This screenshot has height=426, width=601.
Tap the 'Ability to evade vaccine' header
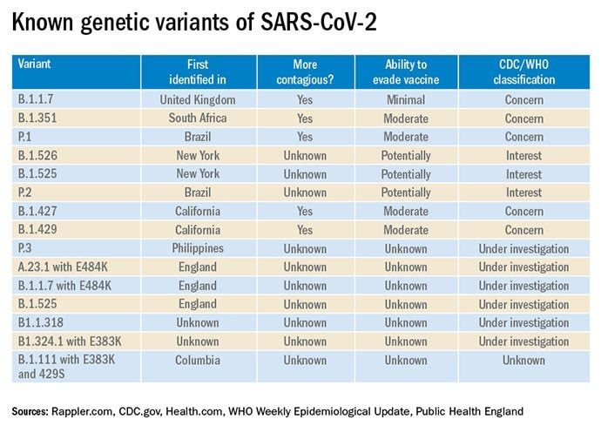point(406,72)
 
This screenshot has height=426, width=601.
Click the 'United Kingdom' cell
point(198,99)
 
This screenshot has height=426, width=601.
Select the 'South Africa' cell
point(198,118)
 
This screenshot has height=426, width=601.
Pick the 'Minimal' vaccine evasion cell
point(406,99)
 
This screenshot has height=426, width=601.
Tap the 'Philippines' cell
point(198,248)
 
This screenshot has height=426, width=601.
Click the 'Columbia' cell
point(198,360)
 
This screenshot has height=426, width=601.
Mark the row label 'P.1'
point(28,137)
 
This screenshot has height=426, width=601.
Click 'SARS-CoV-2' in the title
point(299,26)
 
